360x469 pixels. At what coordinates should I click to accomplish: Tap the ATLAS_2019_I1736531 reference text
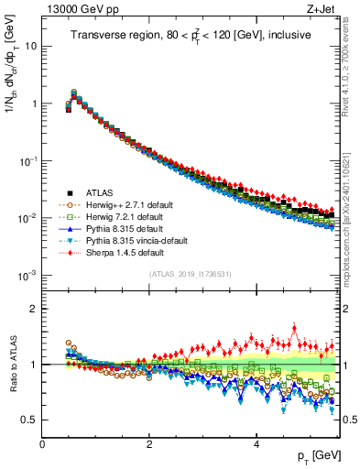click(189, 274)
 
